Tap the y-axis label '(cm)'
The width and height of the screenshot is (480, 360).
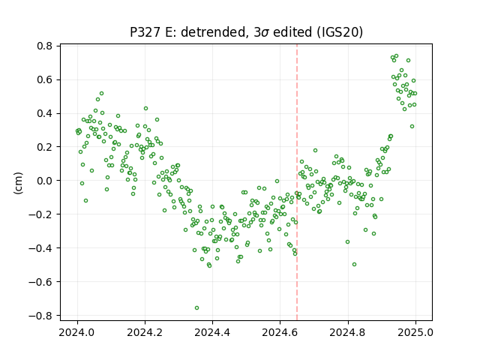pos(18,183)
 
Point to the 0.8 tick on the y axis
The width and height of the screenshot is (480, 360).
pos(45,46)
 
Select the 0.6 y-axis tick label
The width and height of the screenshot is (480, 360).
pos(45,79)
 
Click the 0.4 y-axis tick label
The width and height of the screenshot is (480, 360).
pos(45,113)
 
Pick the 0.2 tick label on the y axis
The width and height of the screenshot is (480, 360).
pos(45,147)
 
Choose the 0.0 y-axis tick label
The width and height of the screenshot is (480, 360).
pos(45,181)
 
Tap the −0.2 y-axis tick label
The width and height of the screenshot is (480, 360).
pos(40,214)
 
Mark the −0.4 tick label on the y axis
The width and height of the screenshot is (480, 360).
pos(40,248)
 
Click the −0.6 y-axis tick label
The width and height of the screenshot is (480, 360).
pos(40,282)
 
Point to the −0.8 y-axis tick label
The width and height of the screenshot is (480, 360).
pos(40,315)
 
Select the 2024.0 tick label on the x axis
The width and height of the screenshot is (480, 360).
pos(77,332)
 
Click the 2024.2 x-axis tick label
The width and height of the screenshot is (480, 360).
pos(145,332)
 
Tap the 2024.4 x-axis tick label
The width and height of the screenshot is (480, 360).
pos(212,332)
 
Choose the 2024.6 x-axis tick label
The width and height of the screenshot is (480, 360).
pos(280,332)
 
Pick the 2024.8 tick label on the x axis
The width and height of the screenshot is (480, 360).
pos(348,332)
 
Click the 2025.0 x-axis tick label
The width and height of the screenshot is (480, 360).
pos(415,332)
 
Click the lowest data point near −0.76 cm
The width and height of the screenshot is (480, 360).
pos(196,307)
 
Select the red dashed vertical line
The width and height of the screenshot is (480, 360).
pos(297,182)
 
